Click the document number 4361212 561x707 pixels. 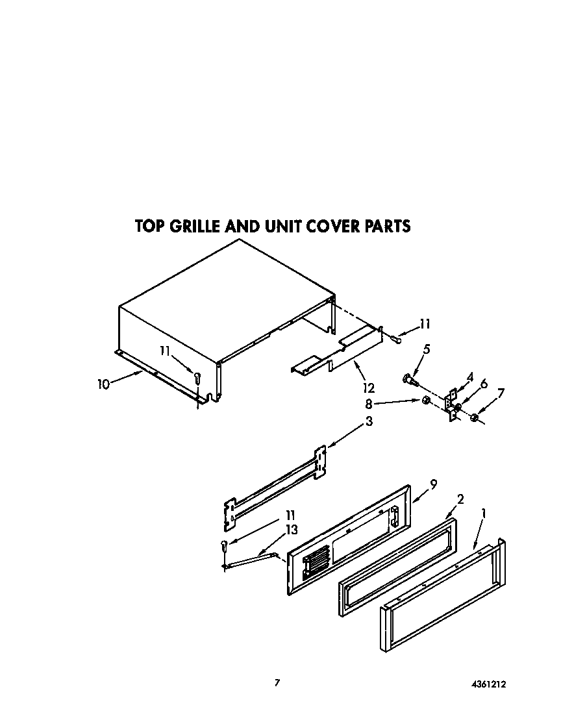click(488, 684)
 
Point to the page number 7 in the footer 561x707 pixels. click(277, 682)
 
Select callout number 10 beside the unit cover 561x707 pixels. click(103, 384)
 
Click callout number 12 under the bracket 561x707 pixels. click(369, 388)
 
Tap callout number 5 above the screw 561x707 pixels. click(426, 349)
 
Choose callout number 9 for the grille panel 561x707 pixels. click(433, 483)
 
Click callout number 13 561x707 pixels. click(292, 530)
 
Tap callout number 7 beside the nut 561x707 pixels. click(500, 393)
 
